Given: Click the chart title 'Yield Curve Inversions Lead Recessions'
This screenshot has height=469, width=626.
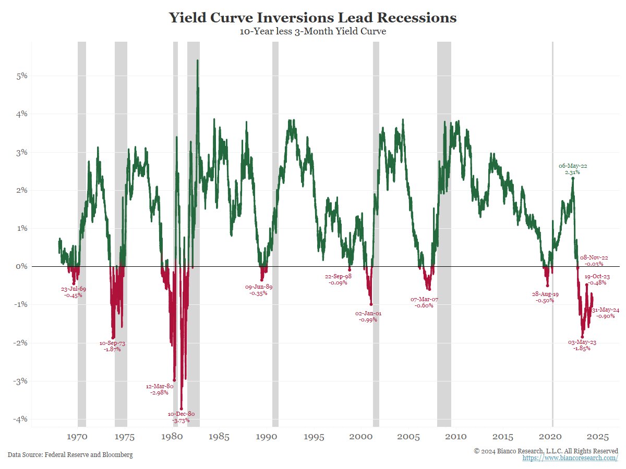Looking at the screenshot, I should (312, 18).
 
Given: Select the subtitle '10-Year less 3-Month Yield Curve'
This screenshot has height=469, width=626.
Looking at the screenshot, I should (312, 32).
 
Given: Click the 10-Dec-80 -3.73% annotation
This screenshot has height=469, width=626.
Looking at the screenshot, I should (181, 417).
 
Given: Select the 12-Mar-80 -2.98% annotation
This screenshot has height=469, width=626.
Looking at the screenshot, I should (159, 389).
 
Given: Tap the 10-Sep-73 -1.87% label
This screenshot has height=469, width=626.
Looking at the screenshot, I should (112, 346).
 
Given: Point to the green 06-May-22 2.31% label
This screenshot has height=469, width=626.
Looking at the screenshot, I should (573, 168).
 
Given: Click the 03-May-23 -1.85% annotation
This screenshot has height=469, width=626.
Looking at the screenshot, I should (582, 345).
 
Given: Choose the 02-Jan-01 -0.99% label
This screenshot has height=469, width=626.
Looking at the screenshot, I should (368, 316).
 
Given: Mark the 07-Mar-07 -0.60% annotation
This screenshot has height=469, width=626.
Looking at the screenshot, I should (424, 302).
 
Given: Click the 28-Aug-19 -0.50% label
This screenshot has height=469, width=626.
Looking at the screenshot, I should (545, 297).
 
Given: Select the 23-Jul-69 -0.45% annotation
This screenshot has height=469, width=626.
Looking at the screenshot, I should (73, 292).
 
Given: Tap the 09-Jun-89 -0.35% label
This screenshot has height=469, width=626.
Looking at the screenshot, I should (259, 290).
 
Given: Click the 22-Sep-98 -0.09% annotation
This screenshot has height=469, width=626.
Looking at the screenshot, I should (338, 279).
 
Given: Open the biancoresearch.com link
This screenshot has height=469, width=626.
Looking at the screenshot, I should (570, 458).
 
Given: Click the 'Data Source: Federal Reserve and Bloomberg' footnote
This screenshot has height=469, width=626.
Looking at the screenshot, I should (70, 455).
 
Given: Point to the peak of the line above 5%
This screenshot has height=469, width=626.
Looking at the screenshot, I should (197, 60).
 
